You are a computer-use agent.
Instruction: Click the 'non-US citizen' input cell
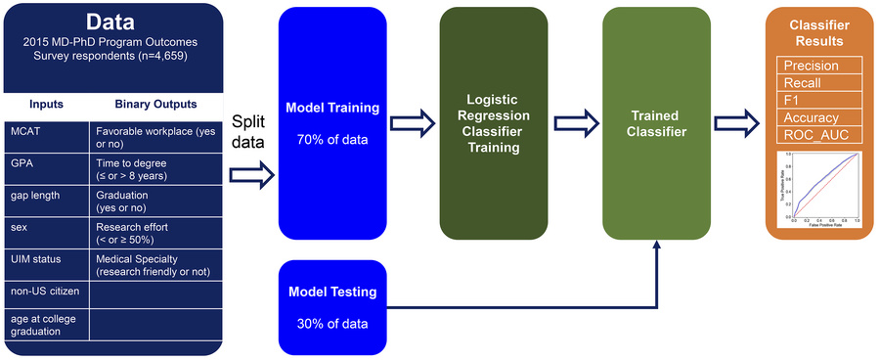[x=47, y=292]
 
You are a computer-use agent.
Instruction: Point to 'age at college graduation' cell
[x=47, y=324]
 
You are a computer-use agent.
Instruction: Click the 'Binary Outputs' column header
[x=155, y=104]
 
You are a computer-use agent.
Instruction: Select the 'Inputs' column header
[x=47, y=104]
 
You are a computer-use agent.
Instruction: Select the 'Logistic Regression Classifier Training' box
[x=493, y=123]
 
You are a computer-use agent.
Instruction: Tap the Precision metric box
[x=819, y=66]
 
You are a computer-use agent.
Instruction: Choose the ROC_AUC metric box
[x=819, y=135]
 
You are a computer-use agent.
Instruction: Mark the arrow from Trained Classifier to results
[x=739, y=123]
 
